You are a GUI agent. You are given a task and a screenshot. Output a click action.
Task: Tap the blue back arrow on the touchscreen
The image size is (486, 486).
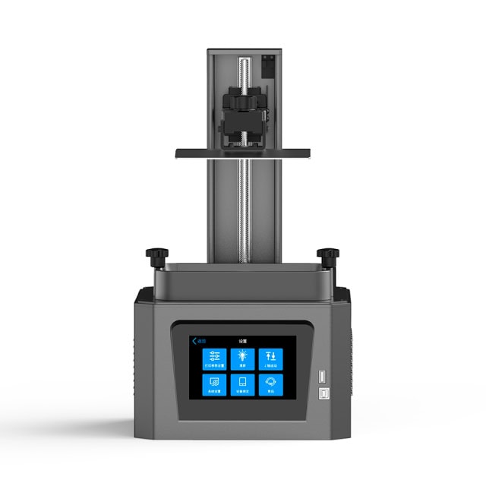click(194, 341)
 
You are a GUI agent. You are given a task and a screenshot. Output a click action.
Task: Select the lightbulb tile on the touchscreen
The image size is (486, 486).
click(242, 358)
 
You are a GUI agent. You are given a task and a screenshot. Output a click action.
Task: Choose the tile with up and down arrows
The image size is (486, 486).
click(270, 358)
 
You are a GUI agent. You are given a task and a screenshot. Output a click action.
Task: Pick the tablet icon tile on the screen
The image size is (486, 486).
click(242, 384)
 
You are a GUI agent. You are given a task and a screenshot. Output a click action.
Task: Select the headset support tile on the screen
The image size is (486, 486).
click(270, 384)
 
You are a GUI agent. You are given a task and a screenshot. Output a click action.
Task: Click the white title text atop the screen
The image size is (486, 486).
click(242, 341)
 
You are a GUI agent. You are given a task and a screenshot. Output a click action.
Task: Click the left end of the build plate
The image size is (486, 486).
click(182, 153)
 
